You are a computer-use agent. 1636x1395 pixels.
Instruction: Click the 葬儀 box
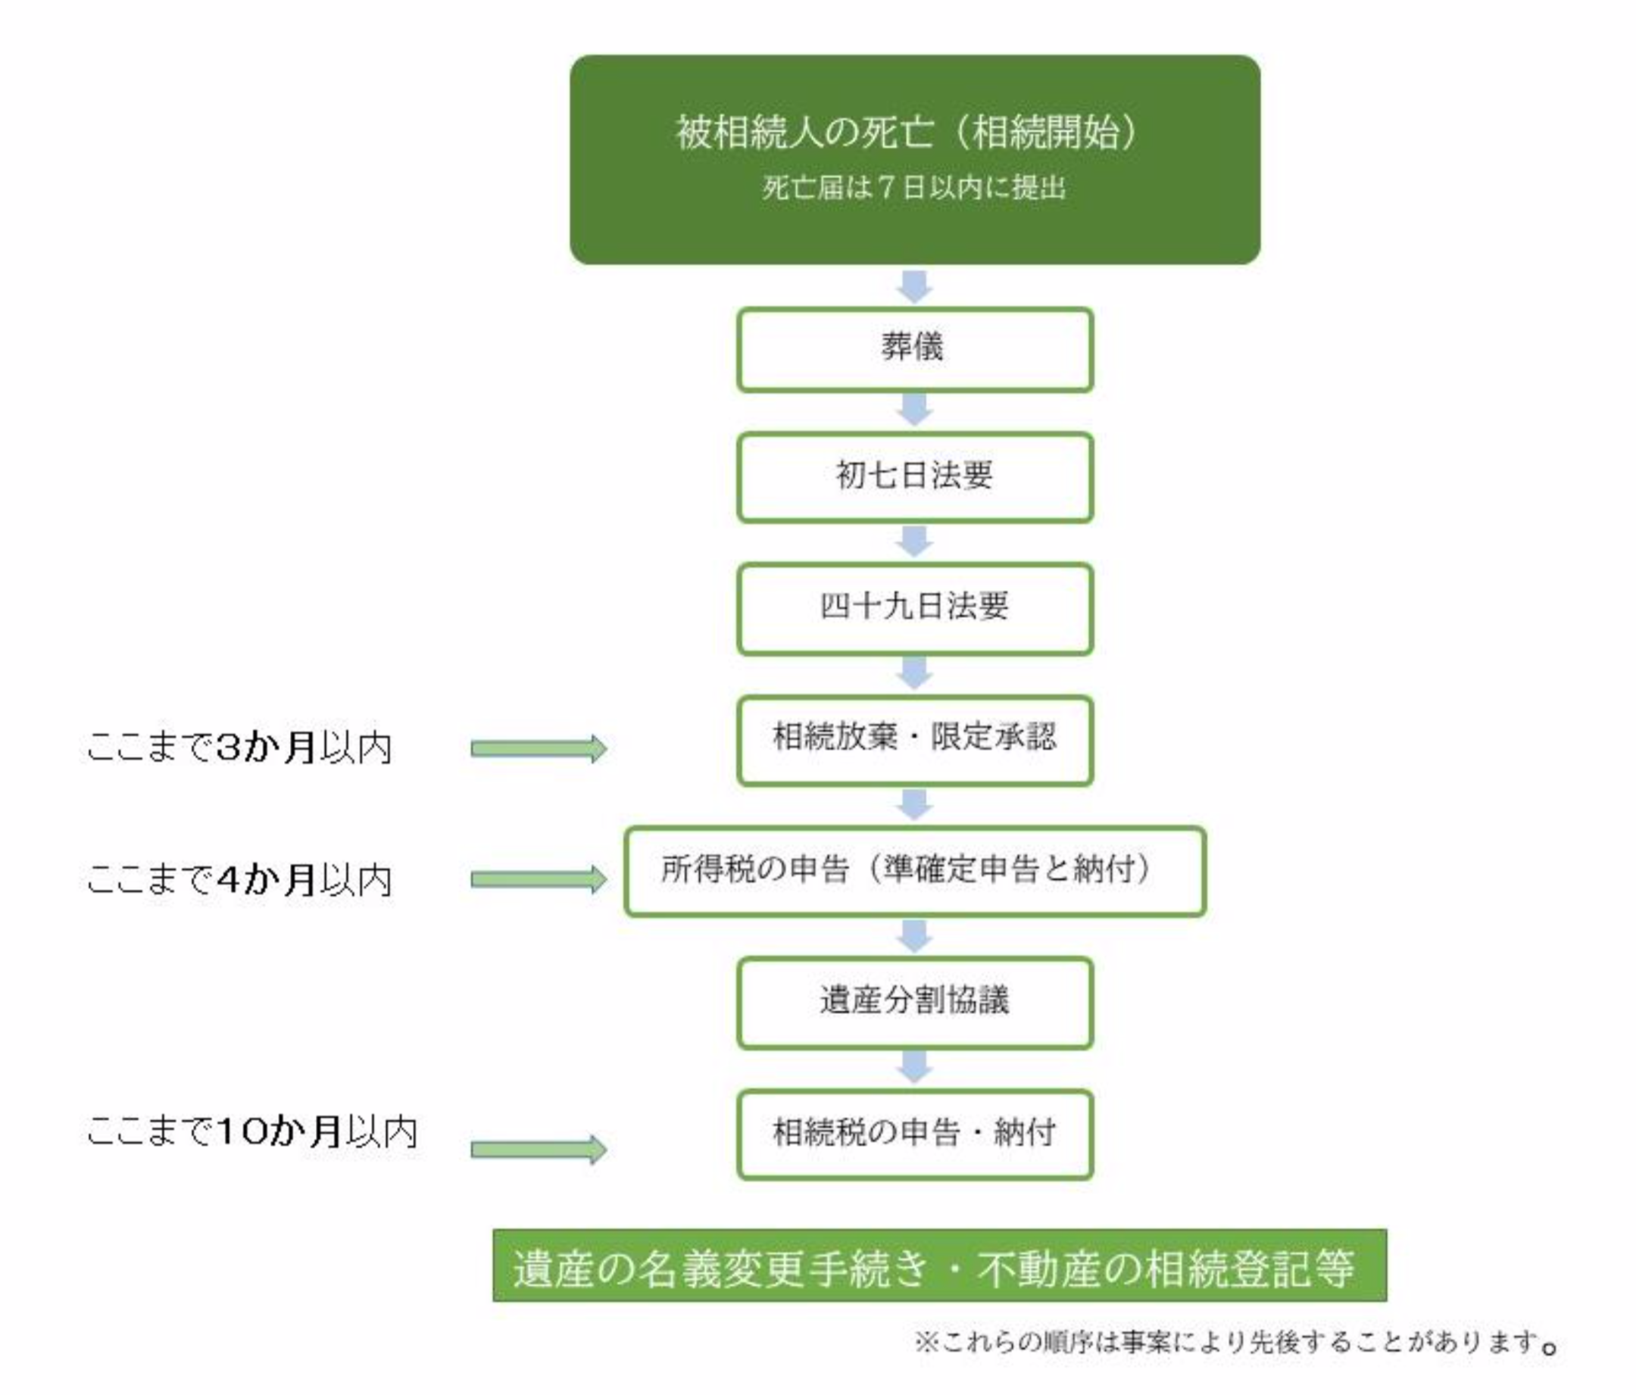pyautogui.click(x=914, y=350)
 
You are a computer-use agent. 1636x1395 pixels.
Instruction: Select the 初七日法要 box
pyautogui.click(x=914, y=477)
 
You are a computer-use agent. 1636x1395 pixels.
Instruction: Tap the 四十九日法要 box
pyautogui.click(x=914, y=608)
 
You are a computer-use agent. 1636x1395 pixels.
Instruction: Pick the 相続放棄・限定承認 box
pyautogui.click(x=914, y=740)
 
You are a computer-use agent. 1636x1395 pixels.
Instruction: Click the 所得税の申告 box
pyautogui.click(x=914, y=871)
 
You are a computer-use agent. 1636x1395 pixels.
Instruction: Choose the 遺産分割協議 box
pyautogui.click(x=914, y=1002)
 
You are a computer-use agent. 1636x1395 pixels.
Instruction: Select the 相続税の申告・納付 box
pyautogui.click(x=914, y=1134)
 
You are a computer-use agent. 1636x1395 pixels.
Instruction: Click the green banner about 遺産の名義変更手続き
pyautogui.click(x=938, y=1268)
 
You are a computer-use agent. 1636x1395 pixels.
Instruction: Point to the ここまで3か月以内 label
pyautogui.click(x=239, y=747)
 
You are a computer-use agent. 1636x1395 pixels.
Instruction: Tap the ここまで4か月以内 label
pyautogui.click(x=239, y=879)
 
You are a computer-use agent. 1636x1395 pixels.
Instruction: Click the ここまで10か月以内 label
pyautogui.click(x=252, y=1131)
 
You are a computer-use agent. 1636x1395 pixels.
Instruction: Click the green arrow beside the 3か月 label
pyautogui.click(x=539, y=747)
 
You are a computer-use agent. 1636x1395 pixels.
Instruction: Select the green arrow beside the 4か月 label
pyautogui.click(x=539, y=879)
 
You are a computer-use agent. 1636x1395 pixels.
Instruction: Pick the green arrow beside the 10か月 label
pyautogui.click(x=539, y=1150)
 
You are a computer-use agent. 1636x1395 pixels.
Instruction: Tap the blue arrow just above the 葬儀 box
pyautogui.click(x=914, y=286)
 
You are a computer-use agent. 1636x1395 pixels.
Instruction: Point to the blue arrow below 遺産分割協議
pyautogui.click(x=914, y=1067)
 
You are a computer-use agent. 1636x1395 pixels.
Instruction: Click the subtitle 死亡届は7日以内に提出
pyautogui.click(x=914, y=188)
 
